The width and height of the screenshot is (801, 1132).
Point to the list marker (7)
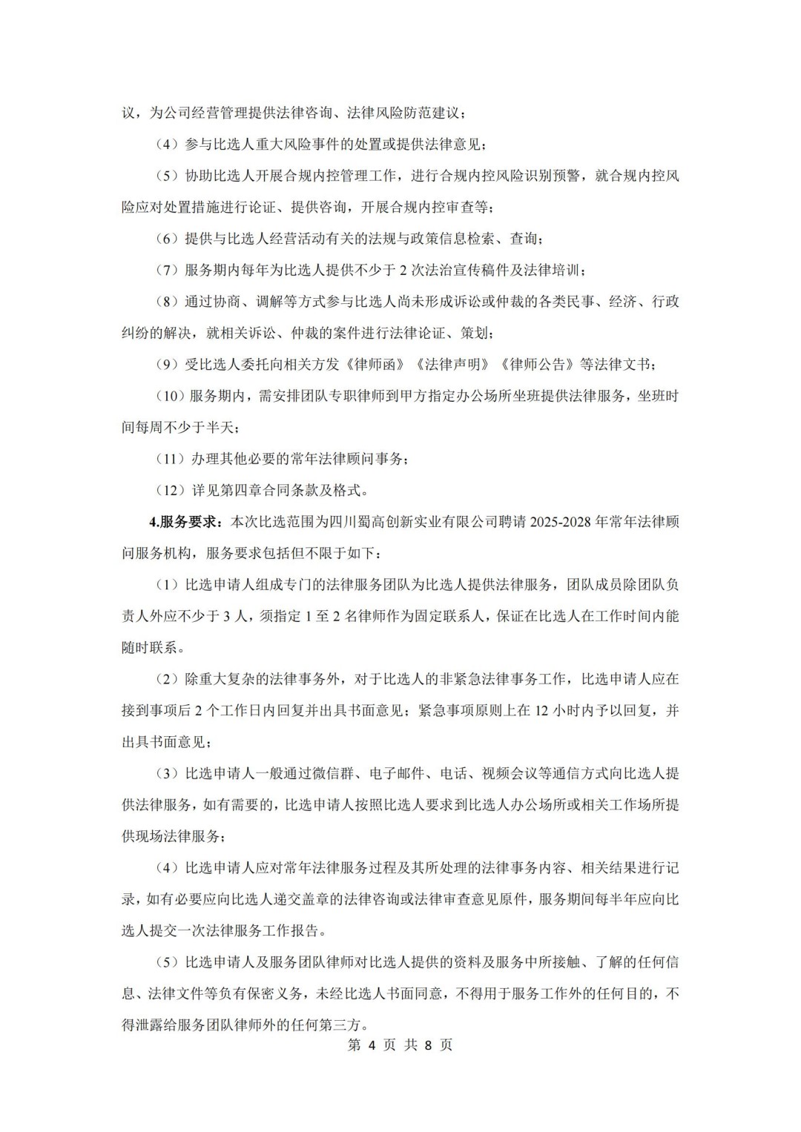click(x=167, y=271)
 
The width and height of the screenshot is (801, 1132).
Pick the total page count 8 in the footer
click(x=427, y=1045)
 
